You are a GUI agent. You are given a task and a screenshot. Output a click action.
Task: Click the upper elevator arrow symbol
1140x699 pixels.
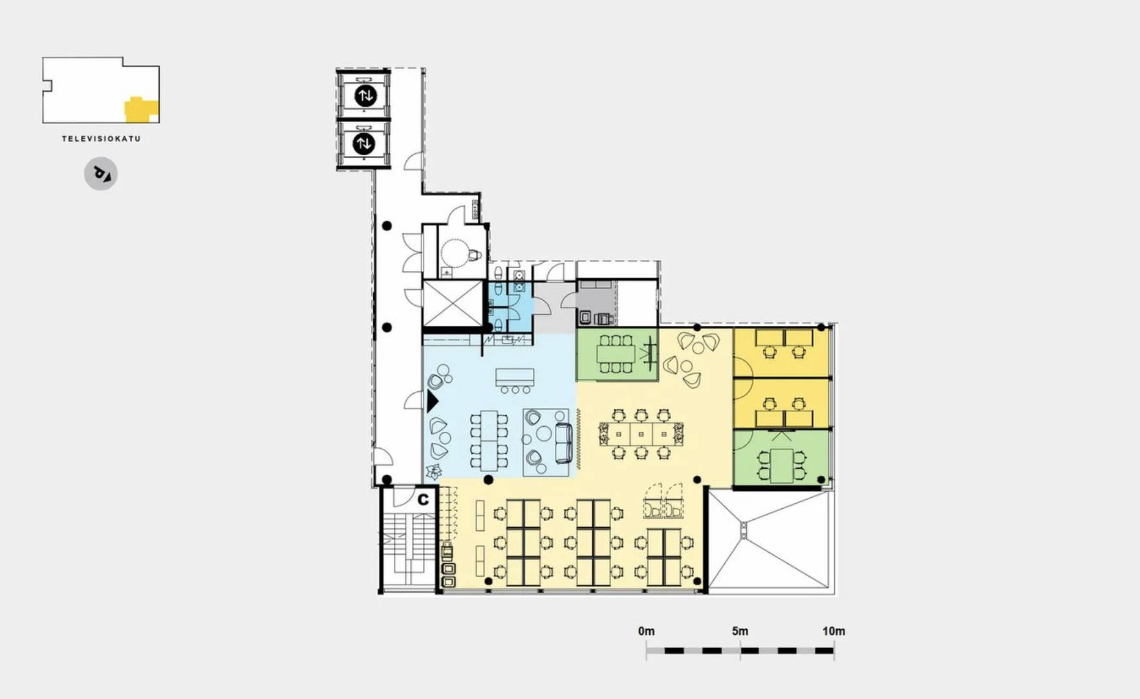(x=365, y=96)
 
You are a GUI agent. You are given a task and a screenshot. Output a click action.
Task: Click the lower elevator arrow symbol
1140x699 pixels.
(x=364, y=143)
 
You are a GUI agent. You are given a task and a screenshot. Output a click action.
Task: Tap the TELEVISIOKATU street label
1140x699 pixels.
(x=101, y=138)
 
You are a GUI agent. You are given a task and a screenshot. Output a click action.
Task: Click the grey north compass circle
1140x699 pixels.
(x=101, y=174)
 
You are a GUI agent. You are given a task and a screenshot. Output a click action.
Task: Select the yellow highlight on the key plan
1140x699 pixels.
(x=141, y=110)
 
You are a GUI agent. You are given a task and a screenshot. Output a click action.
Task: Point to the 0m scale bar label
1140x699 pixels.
(x=646, y=631)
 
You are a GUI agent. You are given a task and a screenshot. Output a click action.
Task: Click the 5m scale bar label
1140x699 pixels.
(x=740, y=631)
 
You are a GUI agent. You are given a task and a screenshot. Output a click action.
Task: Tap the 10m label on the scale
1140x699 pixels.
(x=833, y=631)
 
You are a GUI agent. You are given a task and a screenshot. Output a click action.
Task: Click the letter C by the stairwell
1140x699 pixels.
(x=423, y=499)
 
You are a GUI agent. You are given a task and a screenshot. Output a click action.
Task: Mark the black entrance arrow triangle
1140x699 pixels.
(x=432, y=401)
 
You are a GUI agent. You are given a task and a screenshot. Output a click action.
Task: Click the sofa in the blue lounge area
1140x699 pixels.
(x=563, y=443)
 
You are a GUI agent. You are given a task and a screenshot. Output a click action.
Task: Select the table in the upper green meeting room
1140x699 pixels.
(x=615, y=354)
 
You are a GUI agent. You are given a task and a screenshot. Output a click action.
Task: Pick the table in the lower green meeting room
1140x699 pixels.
(x=782, y=465)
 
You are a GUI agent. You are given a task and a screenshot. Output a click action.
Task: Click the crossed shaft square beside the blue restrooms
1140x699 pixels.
(x=453, y=303)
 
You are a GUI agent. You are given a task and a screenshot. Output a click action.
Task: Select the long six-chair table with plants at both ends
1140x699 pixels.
(x=641, y=433)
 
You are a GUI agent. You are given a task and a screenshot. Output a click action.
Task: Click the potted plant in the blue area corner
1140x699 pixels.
(x=434, y=471)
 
